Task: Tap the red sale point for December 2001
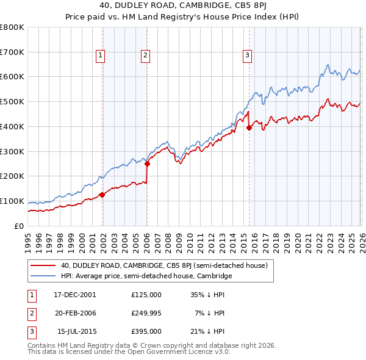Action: pyautogui.click(x=102, y=195)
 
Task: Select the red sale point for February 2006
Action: pyautogui.click(x=147, y=164)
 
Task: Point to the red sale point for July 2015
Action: pyautogui.click(x=249, y=128)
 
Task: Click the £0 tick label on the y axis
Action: pyautogui.click(x=19, y=226)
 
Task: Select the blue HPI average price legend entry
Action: pyautogui.click(x=146, y=276)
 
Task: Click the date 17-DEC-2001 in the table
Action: pyautogui.click(x=75, y=295)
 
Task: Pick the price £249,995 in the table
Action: pyautogui.click(x=146, y=313)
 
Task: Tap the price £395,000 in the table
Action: pyautogui.click(x=146, y=331)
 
